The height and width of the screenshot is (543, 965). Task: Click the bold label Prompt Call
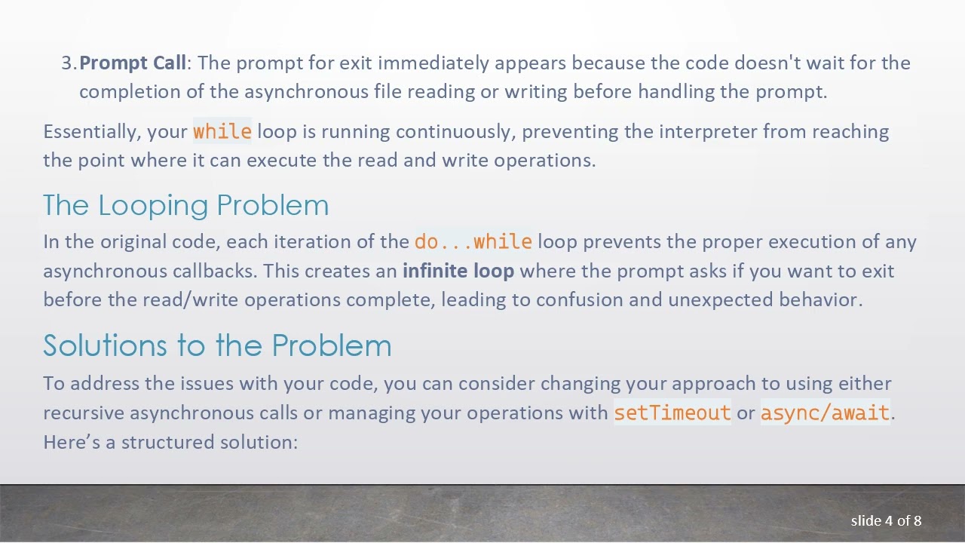[133, 63]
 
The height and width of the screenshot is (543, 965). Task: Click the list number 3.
[68, 63]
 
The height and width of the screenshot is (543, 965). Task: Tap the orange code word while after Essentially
[222, 131]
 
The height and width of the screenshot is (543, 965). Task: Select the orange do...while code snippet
[473, 242]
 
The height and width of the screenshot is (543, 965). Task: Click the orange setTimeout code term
[672, 413]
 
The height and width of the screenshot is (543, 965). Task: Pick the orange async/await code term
[825, 413]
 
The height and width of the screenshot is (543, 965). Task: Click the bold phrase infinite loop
[458, 271]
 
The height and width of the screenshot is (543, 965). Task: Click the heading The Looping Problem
[185, 205]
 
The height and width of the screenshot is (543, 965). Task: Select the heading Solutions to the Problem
[217, 345]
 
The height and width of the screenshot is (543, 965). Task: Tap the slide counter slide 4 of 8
[886, 520]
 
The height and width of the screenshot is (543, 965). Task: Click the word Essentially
[91, 131]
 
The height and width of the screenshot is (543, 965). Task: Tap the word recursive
[84, 413]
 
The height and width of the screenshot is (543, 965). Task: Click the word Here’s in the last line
[72, 442]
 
